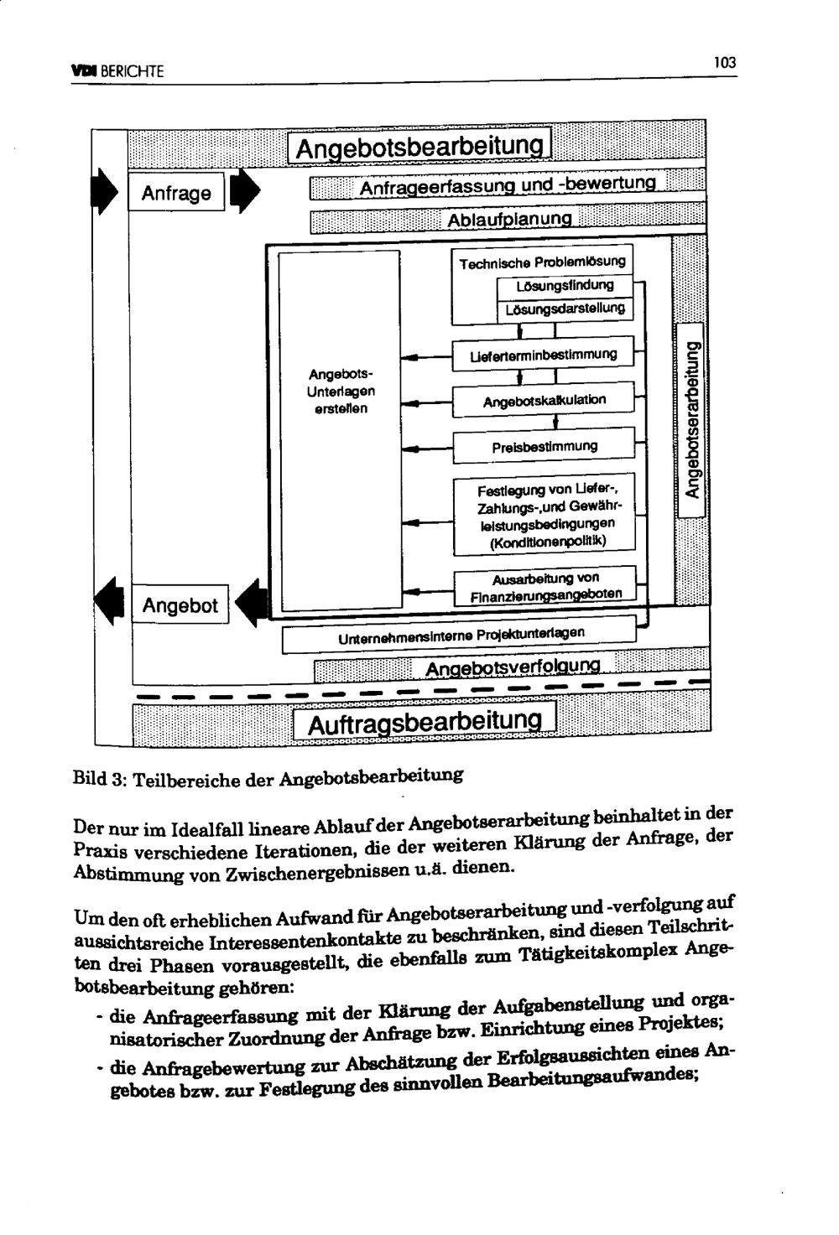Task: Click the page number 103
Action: click(724, 62)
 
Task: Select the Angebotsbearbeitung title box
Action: click(419, 147)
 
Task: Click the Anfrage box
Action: click(176, 193)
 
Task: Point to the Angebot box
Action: click(180, 605)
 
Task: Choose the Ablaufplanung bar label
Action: click(509, 220)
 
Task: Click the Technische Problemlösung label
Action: click(542, 262)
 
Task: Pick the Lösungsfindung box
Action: click(565, 285)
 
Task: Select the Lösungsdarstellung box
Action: click(565, 309)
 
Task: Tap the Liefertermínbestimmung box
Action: click(543, 355)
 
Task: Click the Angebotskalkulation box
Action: click(544, 401)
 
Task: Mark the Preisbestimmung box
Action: click(544, 446)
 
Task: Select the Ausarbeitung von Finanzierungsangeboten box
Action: click(545, 587)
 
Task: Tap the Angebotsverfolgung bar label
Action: click(513, 667)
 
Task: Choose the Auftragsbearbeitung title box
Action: click(424, 723)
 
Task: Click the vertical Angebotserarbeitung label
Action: click(691, 423)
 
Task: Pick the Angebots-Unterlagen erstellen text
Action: click(341, 391)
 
